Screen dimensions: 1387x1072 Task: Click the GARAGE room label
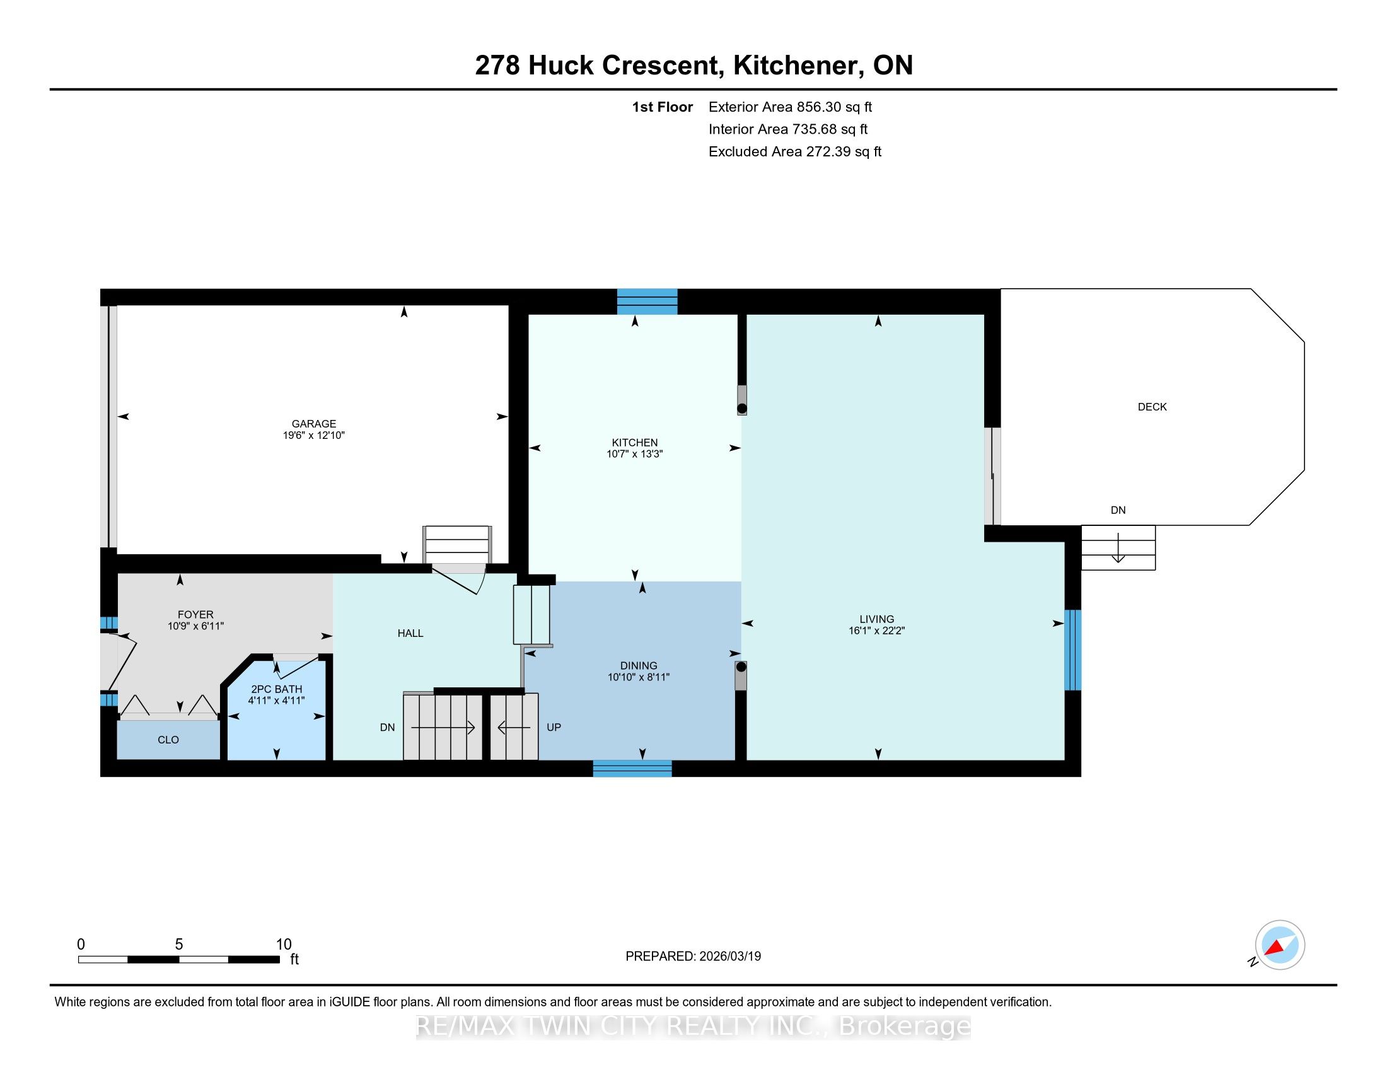click(314, 424)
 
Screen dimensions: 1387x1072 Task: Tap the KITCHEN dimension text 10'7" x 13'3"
click(634, 454)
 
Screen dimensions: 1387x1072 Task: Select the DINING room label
click(639, 665)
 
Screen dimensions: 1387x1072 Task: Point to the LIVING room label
click(876, 619)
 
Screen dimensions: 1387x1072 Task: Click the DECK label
click(1152, 407)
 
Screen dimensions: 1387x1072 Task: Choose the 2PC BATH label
click(276, 689)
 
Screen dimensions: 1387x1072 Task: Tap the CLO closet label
click(168, 740)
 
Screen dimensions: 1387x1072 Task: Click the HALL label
click(410, 633)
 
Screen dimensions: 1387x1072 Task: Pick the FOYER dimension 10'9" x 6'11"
click(195, 626)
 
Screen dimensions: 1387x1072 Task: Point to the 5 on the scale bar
click(179, 945)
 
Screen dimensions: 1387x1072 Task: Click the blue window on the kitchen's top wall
click(647, 301)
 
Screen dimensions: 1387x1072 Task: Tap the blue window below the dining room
click(632, 769)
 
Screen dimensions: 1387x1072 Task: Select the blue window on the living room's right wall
click(1072, 650)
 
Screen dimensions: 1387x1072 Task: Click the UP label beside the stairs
click(554, 727)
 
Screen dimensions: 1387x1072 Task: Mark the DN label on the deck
click(1118, 510)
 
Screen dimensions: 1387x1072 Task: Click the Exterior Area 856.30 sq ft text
click(790, 107)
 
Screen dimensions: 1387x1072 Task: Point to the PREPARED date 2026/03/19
click(729, 956)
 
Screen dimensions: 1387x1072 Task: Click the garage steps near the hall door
click(457, 545)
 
